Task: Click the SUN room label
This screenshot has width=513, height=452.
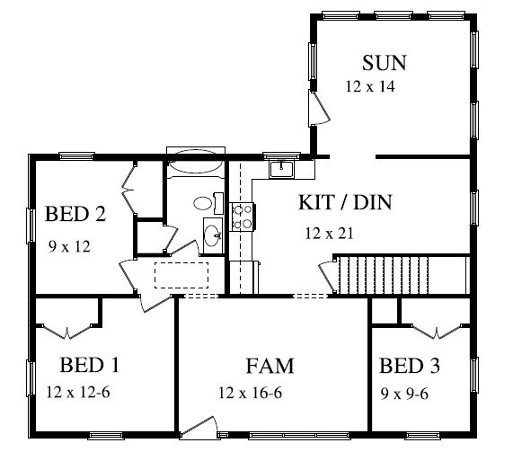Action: [385, 63]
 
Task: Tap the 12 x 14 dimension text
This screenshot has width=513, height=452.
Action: [370, 86]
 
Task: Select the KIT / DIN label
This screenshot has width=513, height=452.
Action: [345, 202]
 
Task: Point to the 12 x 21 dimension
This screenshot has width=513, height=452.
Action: [330, 234]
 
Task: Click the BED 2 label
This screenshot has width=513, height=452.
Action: [75, 214]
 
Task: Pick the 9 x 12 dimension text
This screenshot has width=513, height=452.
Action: [69, 246]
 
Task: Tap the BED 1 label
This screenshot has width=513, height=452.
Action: [89, 365]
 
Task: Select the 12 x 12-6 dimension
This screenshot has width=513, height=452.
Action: [78, 392]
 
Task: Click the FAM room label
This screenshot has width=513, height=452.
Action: [270, 366]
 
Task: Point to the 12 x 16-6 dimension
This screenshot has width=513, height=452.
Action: [251, 393]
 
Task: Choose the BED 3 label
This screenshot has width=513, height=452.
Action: [410, 365]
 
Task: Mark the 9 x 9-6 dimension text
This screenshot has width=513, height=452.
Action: [404, 394]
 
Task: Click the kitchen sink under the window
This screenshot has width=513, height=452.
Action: [282, 169]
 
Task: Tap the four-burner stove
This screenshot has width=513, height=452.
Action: [243, 217]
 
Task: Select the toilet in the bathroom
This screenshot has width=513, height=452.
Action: [208, 203]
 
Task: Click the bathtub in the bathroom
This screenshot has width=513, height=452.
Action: [196, 164]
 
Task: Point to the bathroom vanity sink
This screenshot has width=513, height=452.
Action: [213, 235]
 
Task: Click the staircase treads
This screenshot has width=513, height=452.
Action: [384, 275]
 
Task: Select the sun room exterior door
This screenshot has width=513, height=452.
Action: [319, 108]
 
